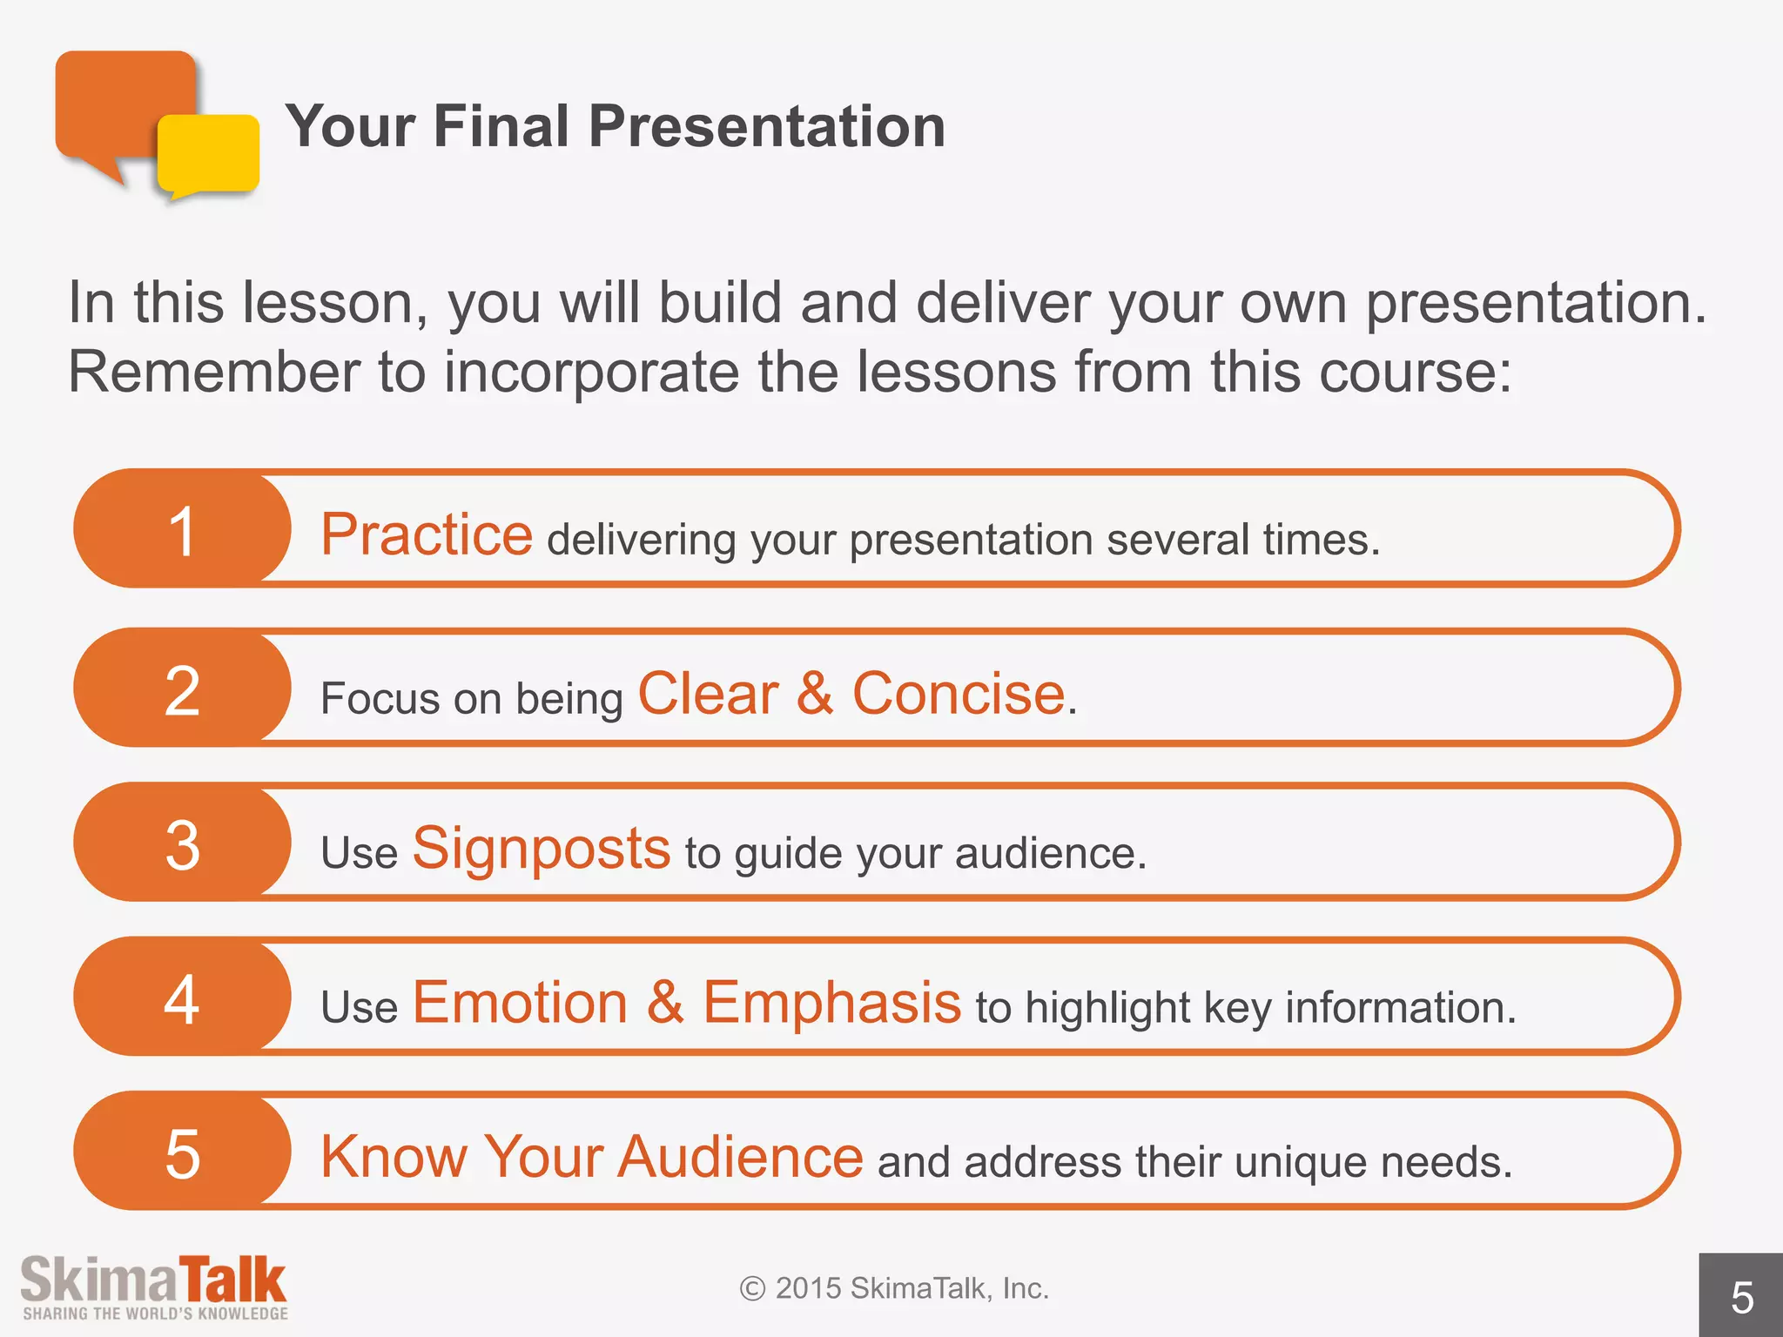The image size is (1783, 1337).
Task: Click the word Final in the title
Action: click(x=501, y=126)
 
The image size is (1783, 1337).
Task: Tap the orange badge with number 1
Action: click(x=182, y=529)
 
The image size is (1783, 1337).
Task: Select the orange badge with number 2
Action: click(x=182, y=689)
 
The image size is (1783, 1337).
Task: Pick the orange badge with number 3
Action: click(x=182, y=843)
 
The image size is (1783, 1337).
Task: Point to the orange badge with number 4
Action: click(x=182, y=998)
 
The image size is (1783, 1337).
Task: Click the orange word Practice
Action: click(x=427, y=534)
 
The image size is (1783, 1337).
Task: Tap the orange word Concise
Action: click(x=958, y=694)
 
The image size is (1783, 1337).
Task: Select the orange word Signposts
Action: click(x=541, y=848)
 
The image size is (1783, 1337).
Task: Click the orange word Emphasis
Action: click(x=831, y=1002)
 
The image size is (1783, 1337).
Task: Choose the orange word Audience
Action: click(x=740, y=1157)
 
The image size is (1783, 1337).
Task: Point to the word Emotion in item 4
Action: click(x=520, y=1002)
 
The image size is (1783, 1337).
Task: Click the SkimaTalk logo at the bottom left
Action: click(x=153, y=1280)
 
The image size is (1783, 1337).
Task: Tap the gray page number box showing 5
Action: click(x=1740, y=1296)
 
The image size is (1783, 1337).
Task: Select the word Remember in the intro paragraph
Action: click(x=213, y=372)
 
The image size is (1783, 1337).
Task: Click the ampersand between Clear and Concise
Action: click(x=815, y=694)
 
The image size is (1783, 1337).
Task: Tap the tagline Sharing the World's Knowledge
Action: click(x=155, y=1313)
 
